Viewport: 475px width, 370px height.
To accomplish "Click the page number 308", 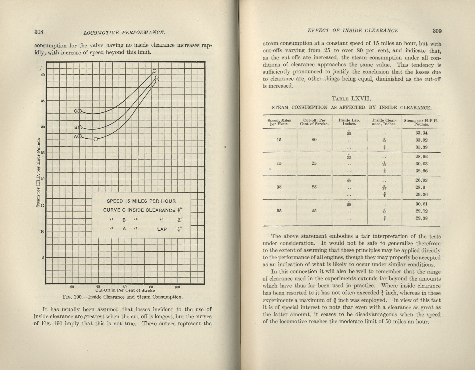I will [39, 32].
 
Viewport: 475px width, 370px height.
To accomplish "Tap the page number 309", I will [437, 31].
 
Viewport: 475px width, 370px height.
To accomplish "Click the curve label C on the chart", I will [76, 111].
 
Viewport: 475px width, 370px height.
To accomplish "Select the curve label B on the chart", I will [76, 127].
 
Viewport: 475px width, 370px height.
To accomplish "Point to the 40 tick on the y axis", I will [43, 75].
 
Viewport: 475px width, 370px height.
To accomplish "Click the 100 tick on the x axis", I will [177, 287].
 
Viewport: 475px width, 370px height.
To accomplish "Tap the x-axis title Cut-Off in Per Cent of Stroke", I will [125, 291].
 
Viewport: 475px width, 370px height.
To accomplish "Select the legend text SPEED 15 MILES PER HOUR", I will [141, 201].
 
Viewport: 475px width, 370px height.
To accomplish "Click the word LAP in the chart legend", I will [162, 229].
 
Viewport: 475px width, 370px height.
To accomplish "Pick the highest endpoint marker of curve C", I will [154, 71].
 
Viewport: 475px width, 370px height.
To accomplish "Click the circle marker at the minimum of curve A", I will [96, 139].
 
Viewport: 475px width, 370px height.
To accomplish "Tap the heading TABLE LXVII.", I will [352, 99].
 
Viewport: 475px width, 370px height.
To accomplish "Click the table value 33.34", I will [421, 133].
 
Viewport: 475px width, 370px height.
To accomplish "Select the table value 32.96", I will [421, 171].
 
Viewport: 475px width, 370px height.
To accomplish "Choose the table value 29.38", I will [421, 218].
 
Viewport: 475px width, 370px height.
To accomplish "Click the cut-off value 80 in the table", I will [314, 140].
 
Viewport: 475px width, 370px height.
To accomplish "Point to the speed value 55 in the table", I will [279, 211].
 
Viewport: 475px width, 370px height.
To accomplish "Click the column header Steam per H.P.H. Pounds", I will [421, 122].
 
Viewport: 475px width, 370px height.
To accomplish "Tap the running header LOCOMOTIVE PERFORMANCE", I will [124, 32].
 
